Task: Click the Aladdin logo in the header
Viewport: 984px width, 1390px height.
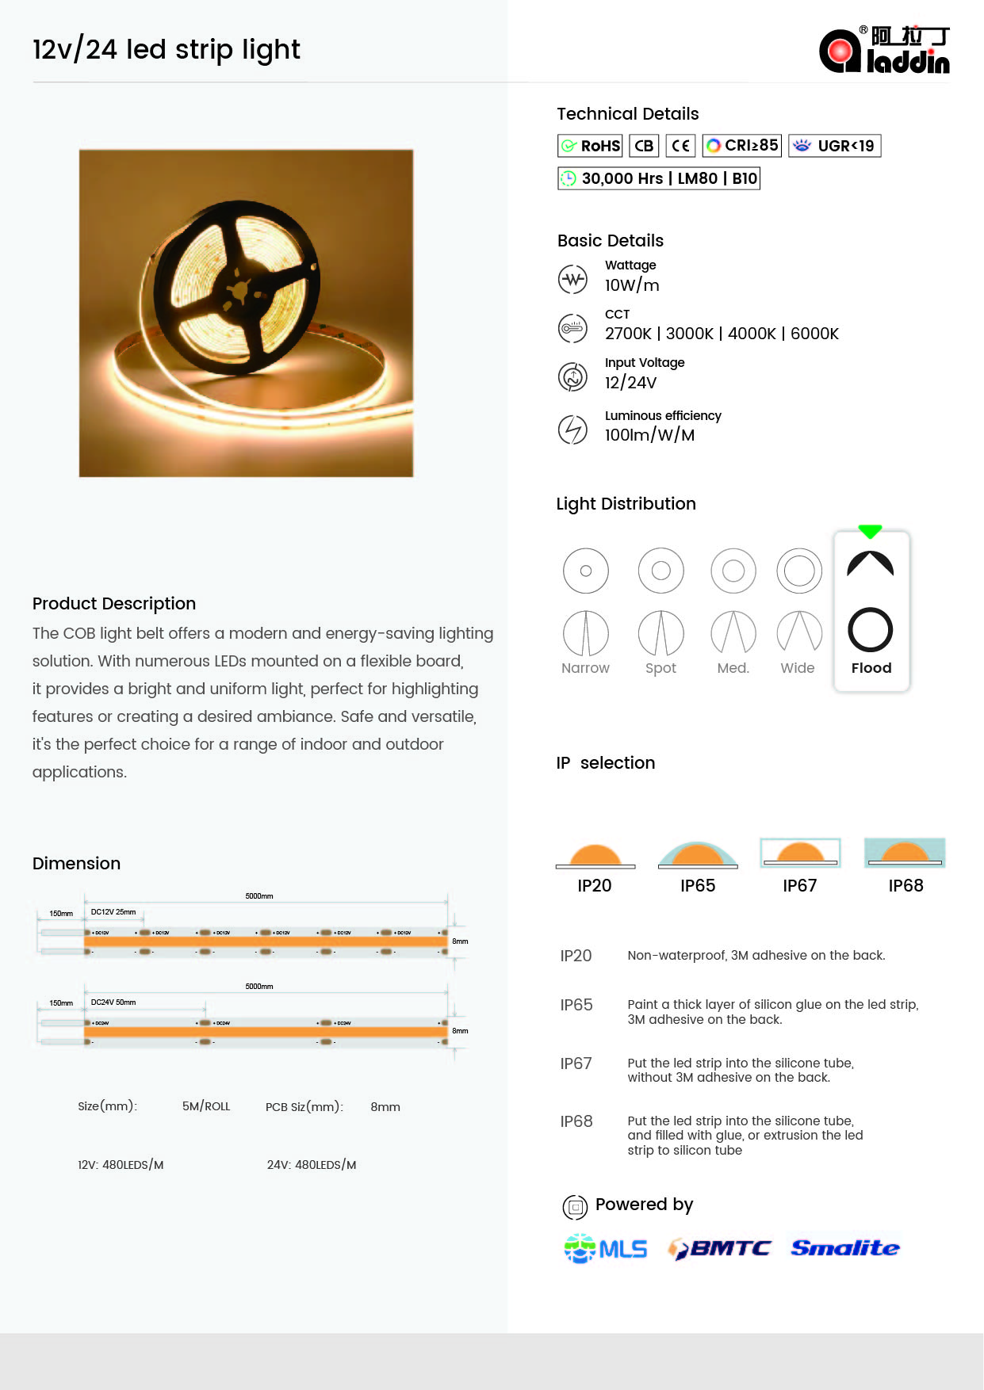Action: click(884, 50)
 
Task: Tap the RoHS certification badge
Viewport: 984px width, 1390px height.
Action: click(590, 146)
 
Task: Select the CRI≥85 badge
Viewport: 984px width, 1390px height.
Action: click(741, 146)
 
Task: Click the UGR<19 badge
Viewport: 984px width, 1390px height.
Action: click(834, 146)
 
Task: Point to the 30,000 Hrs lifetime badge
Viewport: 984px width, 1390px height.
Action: click(658, 178)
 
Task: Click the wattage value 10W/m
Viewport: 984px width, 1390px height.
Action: click(632, 285)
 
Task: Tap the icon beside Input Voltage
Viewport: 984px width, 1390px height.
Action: click(572, 376)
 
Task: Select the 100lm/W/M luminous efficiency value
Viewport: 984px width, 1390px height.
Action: click(649, 435)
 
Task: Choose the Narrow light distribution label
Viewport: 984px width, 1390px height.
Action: click(585, 668)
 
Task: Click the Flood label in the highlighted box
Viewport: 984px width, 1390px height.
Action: click(871, 668)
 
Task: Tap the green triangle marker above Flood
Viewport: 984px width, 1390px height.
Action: click(870, 531)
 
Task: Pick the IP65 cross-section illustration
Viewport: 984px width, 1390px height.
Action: click(698, 855)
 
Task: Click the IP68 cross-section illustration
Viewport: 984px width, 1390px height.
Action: click(905, 853)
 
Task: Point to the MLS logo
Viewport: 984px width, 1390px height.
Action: click(606, 1249)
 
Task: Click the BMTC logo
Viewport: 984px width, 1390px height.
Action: click(719, 1249)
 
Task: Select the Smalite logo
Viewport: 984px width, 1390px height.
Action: click(845, 1248)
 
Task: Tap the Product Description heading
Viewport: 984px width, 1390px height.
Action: click(114, 604)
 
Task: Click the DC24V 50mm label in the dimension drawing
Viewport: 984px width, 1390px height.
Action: click(113, 1002)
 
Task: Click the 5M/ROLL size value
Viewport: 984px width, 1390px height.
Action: click(206, 1106)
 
